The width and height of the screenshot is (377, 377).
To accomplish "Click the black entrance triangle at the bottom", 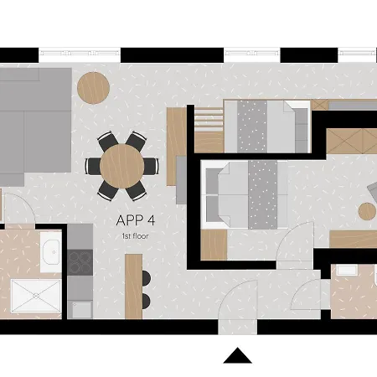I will (x=238, y=356).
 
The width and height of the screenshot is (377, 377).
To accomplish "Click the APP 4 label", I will (x=138, y=223).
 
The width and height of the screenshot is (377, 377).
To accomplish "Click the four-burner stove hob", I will (x=80, y=262).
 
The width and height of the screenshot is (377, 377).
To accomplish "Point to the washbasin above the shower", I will (x=50, y=250).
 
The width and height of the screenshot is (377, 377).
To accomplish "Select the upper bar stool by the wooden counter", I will (x=147, y=278).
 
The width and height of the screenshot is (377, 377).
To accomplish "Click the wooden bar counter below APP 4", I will (x=133, y=285).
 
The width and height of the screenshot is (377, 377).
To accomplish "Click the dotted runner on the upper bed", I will (x=251, y=127).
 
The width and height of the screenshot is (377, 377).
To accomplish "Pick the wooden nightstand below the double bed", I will (x=214, y=244).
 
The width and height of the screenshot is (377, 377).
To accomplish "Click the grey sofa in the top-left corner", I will (x=34, y=124).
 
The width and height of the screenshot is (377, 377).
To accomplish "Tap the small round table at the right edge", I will (x=369, y=210).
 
